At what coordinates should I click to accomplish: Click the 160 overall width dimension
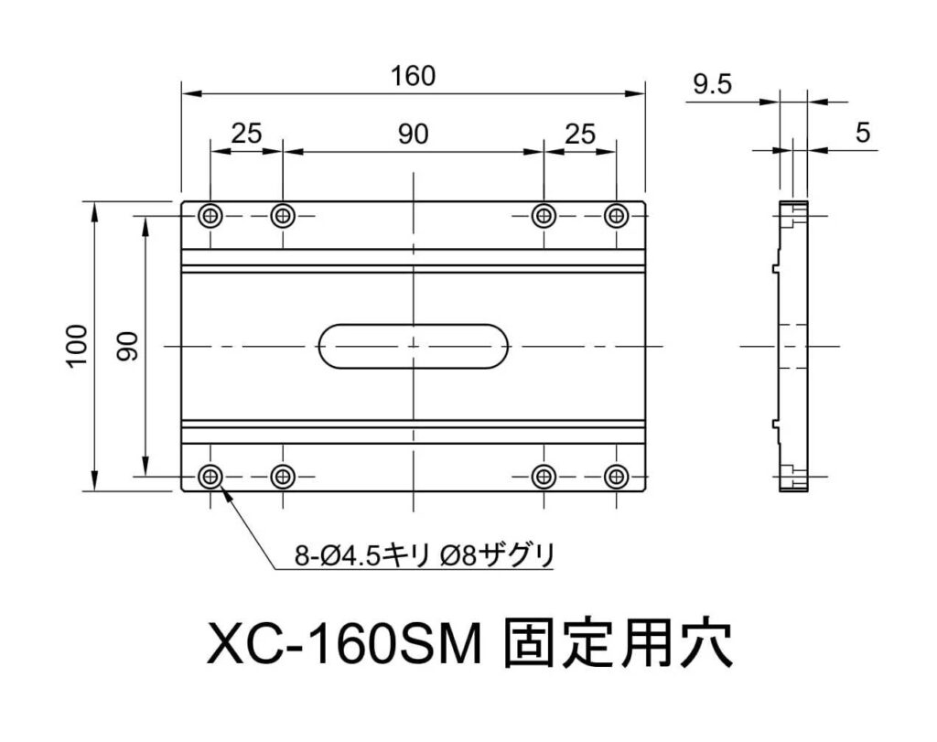(413, 76)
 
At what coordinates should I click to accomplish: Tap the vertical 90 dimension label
(127, 346)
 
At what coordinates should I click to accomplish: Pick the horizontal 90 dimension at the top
(413, 134)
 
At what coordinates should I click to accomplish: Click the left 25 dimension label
(246, 134)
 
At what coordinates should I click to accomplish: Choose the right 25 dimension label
(580, 134)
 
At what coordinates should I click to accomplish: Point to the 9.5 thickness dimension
(713, 85)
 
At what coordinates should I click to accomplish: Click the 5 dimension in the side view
(863, 133)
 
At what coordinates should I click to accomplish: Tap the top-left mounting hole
(211, 216)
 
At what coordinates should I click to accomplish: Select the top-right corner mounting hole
(618, 216)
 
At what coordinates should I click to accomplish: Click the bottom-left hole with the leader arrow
(211, 476)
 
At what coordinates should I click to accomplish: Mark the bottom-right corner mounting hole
(618, 476)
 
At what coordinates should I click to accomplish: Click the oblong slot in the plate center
(414, 346)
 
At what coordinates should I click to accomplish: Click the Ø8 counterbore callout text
(496, 554)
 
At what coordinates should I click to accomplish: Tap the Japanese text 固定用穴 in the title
(619, 646)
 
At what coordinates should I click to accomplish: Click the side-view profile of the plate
(793, 346)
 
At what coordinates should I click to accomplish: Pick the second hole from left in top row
(283, 216)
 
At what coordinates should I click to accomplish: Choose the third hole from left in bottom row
(544, 476)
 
